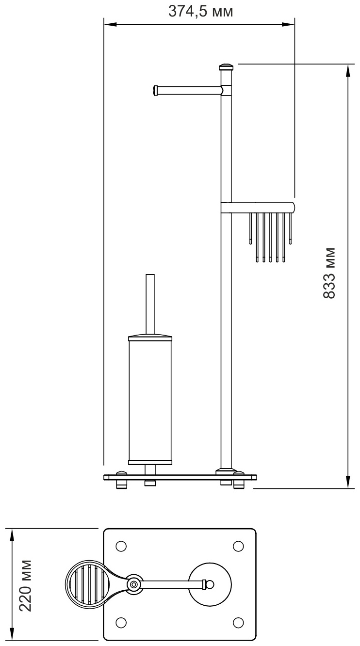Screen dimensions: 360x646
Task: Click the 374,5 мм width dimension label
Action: pos(200,12)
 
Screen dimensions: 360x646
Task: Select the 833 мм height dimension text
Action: pos(329,273)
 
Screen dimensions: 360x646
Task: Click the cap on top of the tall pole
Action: pos(226,67)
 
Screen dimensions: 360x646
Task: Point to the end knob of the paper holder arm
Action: pos(155,90)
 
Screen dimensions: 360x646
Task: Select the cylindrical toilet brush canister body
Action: pos(150,401)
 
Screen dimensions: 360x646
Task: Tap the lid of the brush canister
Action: pos(150,338)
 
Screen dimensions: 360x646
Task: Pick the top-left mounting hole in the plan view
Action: pos(121,546)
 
